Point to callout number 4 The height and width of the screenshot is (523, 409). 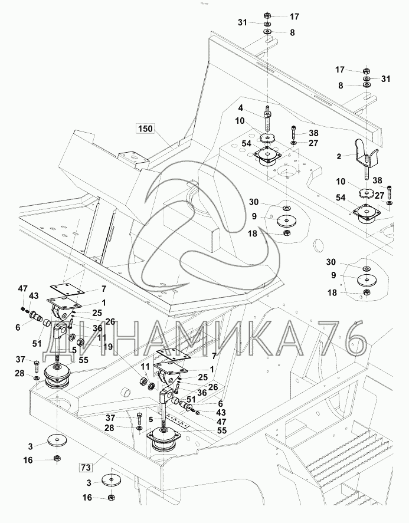241,108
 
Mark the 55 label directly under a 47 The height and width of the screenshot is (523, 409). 204,431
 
